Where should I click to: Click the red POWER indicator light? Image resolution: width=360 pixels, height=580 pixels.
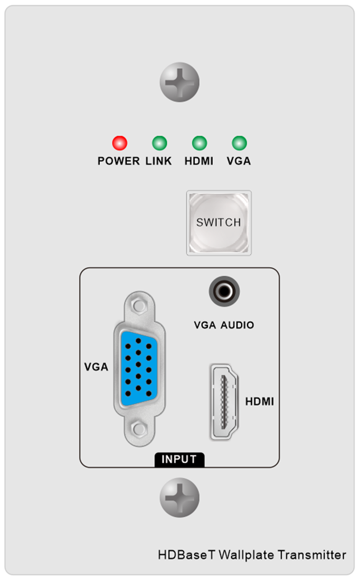click(x=120, y=143)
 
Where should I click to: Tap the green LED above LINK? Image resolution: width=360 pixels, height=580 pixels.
click(x=159, y=143)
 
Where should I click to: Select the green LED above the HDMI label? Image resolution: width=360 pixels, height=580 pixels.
click(x=199, y=143)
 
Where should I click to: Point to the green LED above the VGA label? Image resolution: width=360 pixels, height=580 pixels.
click(x=239, y=143)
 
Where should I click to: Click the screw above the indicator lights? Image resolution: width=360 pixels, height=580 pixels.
click(x=179, y=82)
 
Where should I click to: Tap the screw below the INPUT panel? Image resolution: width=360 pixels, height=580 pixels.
click(x=179, y=498)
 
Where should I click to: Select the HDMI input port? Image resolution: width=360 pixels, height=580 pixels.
click(x=224, y=401)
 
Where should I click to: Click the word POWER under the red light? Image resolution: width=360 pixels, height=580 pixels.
click(x=119, y=161)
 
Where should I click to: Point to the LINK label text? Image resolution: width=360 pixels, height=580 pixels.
click(x=159, y=161)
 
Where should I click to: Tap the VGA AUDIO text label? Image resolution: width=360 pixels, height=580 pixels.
click(x=224, y=325)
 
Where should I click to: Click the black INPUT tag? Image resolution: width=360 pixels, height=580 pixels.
click(x=179, y=460)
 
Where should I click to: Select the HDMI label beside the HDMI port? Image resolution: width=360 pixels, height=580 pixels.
click(x=260, y=401)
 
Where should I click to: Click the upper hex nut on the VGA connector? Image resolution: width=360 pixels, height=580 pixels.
click(x=139, y=306)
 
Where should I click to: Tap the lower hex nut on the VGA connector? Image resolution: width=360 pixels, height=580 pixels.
click(x=139, y=428)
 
